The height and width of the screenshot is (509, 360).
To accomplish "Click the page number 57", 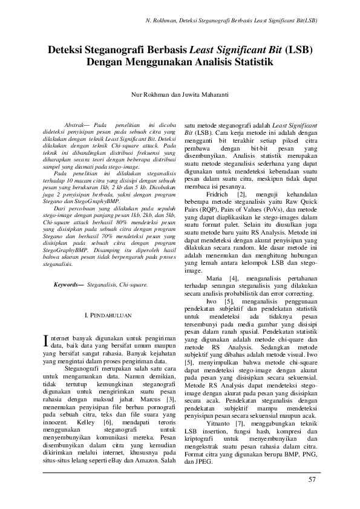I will pos(312,480).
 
